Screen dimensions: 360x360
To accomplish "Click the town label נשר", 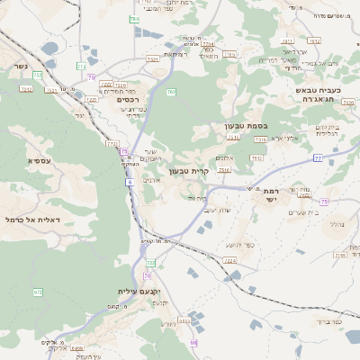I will pos(19,67).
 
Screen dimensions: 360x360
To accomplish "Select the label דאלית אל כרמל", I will pos(32,220).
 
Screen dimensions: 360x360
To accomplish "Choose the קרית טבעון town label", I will pos(189,170).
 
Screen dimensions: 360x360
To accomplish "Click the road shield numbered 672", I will pos(38,292).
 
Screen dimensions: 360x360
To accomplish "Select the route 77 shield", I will pos(318,157).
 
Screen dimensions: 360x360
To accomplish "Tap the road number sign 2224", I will pos(230,261).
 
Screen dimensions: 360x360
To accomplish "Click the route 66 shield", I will pos(193,343).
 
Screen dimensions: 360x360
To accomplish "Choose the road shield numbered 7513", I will pos(258,158).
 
